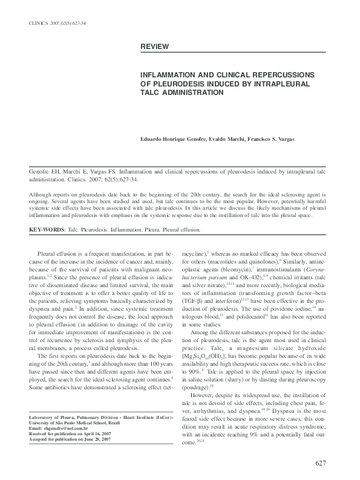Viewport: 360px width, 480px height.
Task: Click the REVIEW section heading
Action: pyautogui.click(x=155, y=47)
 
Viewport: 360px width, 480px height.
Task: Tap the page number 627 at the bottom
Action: pyautogui.click(x=321, y=463)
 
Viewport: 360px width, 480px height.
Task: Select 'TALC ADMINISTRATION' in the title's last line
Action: pyautogui.click(x=182, y=93)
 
